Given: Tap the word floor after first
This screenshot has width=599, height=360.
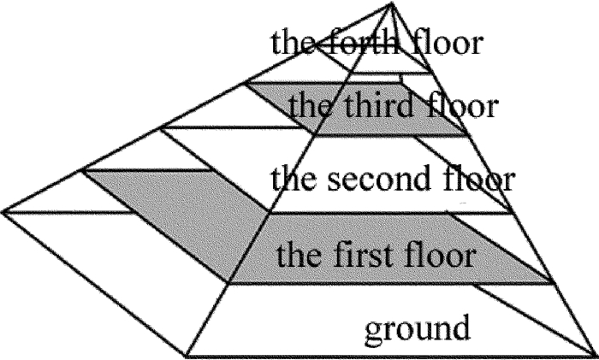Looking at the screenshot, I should point(442,255).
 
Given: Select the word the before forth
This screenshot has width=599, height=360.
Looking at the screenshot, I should point(291,43).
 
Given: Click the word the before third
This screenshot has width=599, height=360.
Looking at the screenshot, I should point(309,108).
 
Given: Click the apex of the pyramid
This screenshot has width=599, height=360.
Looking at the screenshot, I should point(392,4).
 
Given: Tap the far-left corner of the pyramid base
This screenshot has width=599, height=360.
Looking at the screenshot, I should point(3,210).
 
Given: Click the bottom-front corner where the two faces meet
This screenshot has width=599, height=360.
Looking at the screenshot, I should point(187,354).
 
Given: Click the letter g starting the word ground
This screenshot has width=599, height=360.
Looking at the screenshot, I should point(373,328).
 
